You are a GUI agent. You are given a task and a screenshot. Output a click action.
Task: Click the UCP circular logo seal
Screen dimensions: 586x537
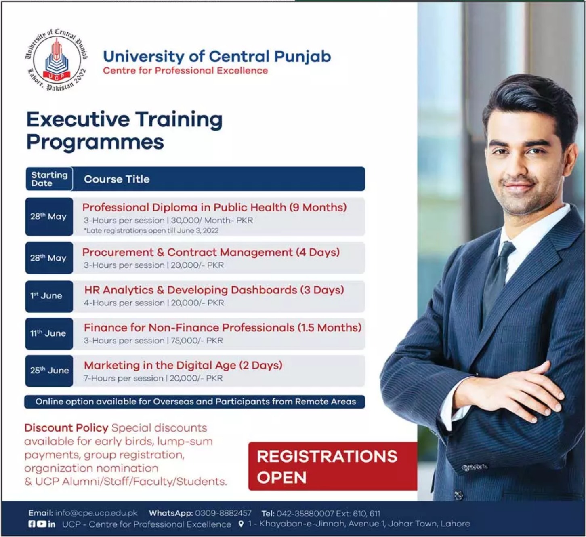point(57,60)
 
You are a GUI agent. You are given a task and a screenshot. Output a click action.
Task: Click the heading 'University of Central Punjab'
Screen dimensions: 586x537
point(217,57)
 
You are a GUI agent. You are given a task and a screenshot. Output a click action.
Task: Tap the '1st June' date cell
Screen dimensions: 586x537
point(49,296)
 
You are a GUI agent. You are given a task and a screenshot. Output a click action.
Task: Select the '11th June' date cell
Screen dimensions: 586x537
point(49,333)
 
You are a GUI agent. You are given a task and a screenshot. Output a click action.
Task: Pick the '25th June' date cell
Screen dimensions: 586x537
point(49,371)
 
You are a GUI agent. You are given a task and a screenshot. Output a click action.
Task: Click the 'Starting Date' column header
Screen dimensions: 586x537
point(49,179)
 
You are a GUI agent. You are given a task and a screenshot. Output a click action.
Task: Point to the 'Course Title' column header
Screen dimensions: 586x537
point(117,179)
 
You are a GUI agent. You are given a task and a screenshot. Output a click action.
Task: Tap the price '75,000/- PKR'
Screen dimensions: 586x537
point(197,341)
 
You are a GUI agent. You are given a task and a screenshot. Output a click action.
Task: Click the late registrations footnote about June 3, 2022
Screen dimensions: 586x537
point(151,230)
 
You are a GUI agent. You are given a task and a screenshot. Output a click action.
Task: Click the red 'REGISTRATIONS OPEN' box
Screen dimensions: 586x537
point(333,466)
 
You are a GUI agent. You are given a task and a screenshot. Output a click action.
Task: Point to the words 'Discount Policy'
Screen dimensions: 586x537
point(66,427)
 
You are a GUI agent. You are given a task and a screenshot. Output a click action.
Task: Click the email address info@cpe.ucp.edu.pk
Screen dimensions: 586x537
point(96,513)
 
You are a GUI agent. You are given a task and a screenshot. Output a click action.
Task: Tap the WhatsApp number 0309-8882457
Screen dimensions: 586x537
point(223,513)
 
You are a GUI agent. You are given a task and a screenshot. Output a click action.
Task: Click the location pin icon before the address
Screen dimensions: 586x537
point(241,524)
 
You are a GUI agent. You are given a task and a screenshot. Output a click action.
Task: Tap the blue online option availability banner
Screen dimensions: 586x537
point(195,402)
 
